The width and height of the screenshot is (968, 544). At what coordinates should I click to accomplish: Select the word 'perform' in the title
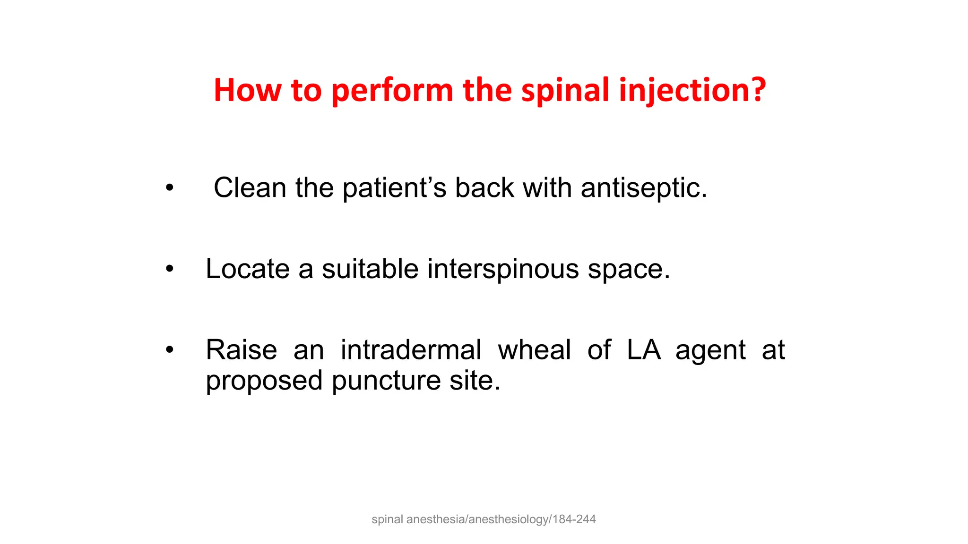click(x=392, y=90)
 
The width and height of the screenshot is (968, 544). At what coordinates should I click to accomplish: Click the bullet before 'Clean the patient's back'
click(x=169, y=188)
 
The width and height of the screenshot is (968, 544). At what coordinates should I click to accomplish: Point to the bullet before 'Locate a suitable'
click(x=169, y=270)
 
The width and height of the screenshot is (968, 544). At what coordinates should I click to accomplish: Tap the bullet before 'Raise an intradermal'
click(x=169, y=351)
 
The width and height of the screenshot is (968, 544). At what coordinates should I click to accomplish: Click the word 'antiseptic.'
click(x=644, y=188)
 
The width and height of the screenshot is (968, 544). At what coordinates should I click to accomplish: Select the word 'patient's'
click(x=394, y=188)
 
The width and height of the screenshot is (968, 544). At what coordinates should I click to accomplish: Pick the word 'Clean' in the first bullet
click(x=250, y=187)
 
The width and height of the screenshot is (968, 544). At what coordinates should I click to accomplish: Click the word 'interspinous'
click(x=503, y=270)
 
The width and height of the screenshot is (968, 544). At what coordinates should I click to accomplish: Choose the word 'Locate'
click(x=247, y=269)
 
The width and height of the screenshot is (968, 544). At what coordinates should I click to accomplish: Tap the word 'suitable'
click(x=370, y=269)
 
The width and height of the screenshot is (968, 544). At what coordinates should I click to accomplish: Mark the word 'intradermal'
click(x=411, y=350)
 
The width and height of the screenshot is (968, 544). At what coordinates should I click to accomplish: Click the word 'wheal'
click(x=535, y=350)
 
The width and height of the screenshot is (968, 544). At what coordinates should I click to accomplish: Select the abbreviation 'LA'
click(x=643, y=350)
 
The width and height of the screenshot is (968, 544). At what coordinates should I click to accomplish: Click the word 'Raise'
click(x=242, y=350)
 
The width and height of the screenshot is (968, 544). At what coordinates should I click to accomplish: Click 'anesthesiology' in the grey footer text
click(x=509, y=519)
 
